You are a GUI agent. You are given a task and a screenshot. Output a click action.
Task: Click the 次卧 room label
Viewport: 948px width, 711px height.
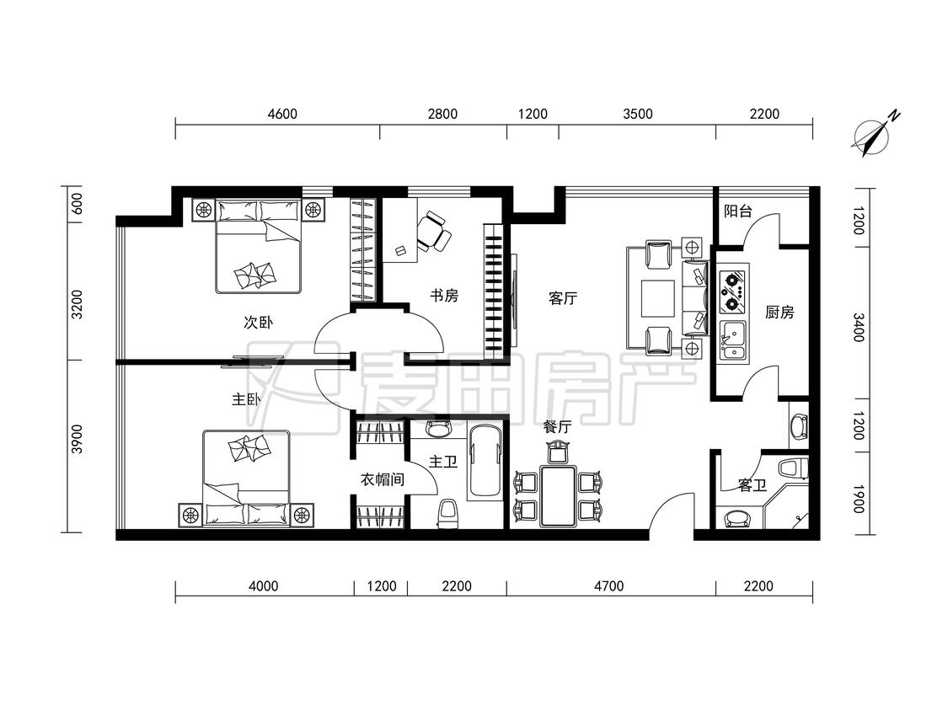[x=258, y=322]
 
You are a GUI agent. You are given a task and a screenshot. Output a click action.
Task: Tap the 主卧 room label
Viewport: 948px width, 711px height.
[x=247, y=399]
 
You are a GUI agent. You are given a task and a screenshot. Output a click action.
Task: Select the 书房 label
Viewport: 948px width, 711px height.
[x=444, y=296]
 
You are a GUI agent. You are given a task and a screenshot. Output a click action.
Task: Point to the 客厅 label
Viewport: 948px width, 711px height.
[x=563, y=298]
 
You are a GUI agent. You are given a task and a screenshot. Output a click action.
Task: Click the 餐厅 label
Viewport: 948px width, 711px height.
[x=557, y=427]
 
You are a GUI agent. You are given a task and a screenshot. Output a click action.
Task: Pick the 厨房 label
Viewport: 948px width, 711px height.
[x=779, y=312]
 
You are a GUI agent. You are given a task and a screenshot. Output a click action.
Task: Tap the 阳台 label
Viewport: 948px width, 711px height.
[x=737, y=211]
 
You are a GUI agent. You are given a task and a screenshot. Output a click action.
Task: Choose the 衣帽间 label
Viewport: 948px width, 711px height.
[x=382, y=480]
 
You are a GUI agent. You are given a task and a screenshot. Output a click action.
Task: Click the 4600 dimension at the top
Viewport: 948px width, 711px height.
[x=282, y=114]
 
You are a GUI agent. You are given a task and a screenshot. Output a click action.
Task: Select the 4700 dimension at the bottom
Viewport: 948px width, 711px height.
[x=608, y=585]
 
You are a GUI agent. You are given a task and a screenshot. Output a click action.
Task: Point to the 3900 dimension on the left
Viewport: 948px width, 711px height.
[x=77, y=440]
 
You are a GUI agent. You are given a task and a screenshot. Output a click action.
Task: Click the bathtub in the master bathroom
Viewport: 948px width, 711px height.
[x=485, y=461]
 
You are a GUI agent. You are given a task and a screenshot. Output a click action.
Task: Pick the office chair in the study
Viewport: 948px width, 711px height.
[x=433, y=231]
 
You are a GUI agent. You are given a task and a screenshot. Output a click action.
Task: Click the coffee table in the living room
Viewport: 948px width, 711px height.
[x=658, y=299]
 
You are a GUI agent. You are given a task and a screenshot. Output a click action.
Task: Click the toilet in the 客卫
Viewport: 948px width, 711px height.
[x=794, y=468]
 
